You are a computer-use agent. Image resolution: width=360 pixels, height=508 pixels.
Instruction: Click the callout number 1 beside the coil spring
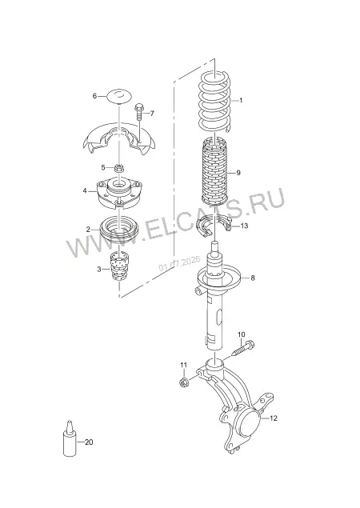241,101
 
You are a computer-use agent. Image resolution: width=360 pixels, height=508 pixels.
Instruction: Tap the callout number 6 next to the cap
94,96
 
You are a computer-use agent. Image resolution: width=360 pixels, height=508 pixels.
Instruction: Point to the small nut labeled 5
118,168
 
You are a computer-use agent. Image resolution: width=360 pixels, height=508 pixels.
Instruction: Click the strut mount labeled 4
119,193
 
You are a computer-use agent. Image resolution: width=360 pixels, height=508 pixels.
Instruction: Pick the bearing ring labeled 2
119,230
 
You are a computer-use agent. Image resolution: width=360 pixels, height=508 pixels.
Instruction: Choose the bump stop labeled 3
119,266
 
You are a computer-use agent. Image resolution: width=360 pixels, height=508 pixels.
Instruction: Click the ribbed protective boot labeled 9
214,171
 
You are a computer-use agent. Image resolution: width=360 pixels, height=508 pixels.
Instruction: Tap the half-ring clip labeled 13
214,225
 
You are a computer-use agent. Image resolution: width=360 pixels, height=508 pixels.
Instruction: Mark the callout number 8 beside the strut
253,278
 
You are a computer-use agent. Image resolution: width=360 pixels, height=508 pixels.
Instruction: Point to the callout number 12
274,418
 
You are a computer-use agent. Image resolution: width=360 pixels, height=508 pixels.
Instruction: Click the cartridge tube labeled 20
70,438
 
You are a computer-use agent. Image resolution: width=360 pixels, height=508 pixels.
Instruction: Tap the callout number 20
89,442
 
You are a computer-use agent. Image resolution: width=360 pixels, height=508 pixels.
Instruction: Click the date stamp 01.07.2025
178,263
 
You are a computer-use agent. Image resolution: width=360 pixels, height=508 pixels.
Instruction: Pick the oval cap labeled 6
119,96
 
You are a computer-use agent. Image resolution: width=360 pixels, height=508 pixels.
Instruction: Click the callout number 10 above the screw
242,334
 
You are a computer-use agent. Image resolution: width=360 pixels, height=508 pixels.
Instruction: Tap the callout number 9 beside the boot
238,173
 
